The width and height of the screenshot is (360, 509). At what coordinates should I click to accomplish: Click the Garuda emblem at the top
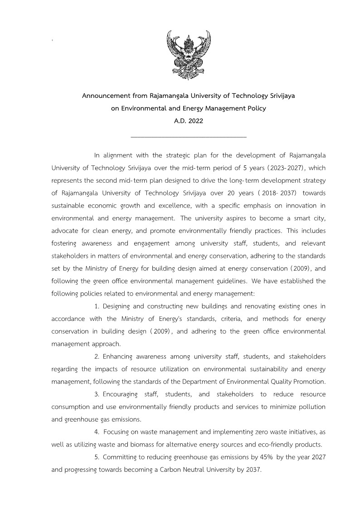pos(189,55)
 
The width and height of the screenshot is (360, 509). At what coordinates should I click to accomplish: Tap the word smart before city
pos(298,218)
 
